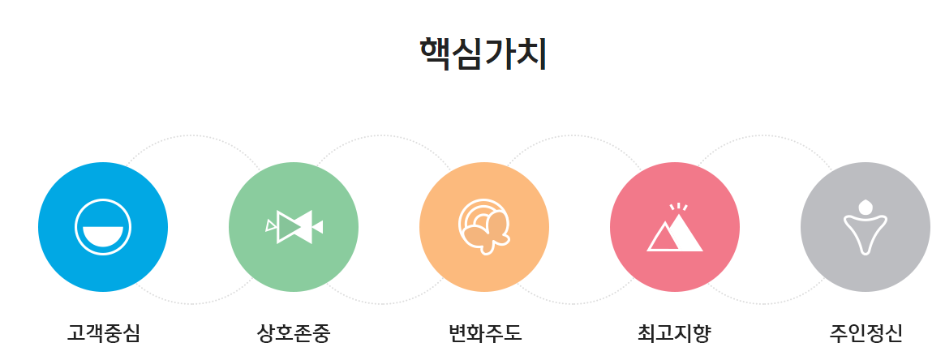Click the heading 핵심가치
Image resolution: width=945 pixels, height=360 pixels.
point(483,54)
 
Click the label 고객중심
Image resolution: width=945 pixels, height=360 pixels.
point(103,332)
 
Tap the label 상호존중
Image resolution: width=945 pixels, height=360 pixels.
point(294,332)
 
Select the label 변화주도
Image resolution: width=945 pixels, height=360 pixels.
point(484,332)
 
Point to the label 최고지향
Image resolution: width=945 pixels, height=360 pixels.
point(674,332)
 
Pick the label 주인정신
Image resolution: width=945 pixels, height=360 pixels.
point(866,332)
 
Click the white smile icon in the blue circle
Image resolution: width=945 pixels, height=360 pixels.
point(103,227)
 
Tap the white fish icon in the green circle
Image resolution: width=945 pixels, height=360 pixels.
point(294,226)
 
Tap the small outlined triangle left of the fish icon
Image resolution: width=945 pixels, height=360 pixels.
point(270,225)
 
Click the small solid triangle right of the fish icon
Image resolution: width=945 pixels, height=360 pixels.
point(318,227)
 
